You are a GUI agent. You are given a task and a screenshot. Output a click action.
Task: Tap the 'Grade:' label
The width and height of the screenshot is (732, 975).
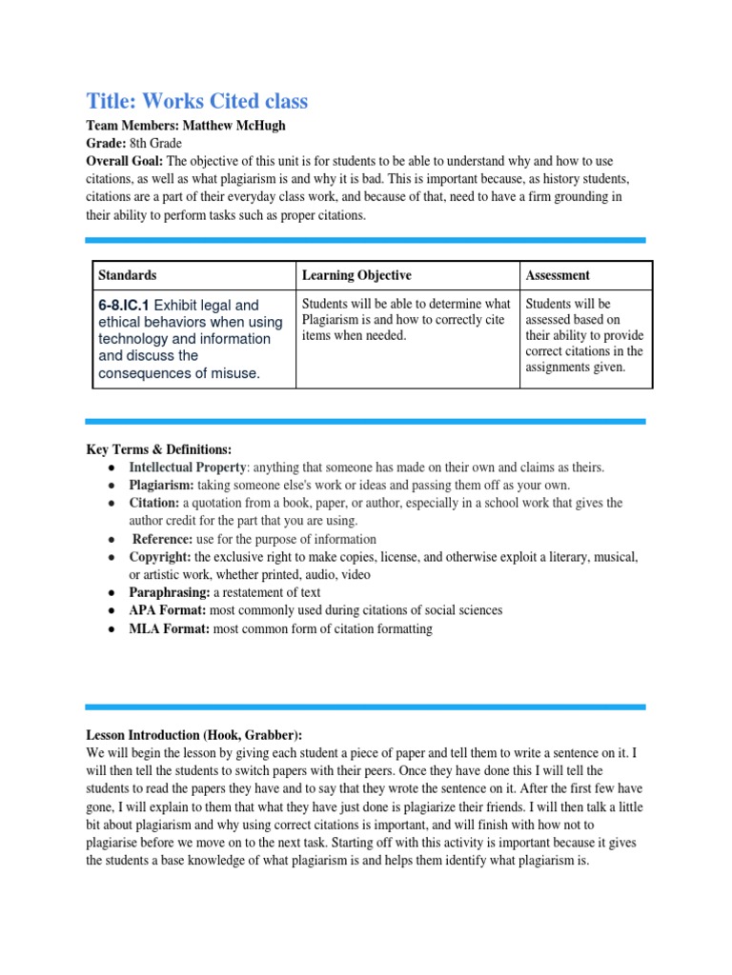coord(106,144)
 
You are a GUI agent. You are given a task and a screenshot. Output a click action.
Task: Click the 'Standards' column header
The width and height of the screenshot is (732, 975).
coord(128,275)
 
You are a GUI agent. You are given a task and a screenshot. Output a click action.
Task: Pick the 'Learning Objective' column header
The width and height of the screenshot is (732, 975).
coord(356,275)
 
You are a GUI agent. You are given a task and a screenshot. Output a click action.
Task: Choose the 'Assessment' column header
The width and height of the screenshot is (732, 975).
coord(558,275)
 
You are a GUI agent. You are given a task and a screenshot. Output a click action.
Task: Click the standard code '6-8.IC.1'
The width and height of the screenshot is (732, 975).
coord(123,306)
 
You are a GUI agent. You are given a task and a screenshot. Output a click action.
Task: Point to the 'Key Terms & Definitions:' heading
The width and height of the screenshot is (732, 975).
coord(158,449)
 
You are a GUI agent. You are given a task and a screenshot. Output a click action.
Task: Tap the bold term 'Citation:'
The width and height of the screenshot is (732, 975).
coord(154,503)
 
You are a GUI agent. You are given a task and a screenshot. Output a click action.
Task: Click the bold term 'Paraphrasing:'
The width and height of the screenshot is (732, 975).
coord(169,593)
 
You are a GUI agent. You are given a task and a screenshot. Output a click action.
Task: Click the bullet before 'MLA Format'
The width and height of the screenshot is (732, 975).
coord(112,629)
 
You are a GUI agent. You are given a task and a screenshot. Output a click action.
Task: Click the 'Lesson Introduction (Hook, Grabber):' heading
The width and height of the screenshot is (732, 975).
coord(193,735)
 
